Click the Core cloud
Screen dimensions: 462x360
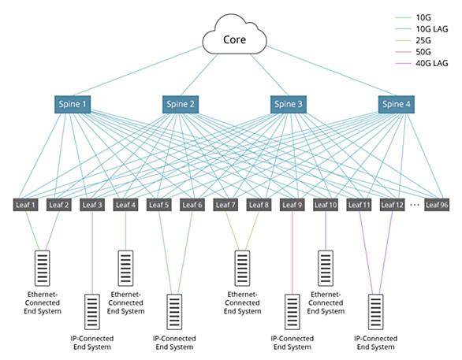(234, 35)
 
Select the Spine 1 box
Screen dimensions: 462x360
(73, 104)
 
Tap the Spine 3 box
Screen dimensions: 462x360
(289, 104)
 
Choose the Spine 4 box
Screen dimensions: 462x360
(397, 104)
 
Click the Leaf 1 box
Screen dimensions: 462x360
(25, 205)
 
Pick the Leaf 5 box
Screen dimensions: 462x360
(158, 205)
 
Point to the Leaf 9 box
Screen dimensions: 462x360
(292, 205)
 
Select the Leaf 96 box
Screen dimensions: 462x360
(437, 205)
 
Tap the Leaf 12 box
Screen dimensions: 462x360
(392, 205)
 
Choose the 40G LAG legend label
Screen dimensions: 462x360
(432, 63)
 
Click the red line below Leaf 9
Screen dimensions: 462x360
(292, 253)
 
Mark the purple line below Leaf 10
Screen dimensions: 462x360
(326, 231)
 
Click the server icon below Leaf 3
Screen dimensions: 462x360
(92, 312)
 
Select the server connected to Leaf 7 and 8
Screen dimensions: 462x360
(242, 268)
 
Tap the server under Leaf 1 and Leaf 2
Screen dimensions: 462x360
(43, 268)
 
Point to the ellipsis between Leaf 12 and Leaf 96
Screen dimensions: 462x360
(415, 205)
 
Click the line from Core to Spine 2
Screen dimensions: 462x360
(199, 75)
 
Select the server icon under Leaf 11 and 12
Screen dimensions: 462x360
(376, 312)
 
